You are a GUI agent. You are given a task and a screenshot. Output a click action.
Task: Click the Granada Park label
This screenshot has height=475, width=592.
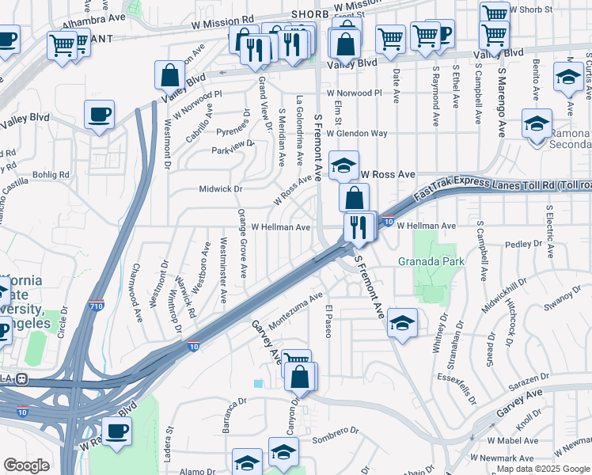431,260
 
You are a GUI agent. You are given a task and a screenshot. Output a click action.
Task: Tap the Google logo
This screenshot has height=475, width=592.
26,465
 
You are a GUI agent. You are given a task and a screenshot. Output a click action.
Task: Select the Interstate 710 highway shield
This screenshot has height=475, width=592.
97,306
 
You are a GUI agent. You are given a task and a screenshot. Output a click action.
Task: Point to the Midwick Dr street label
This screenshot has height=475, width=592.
220,189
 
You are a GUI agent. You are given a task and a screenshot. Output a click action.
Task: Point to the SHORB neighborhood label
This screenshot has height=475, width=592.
309,14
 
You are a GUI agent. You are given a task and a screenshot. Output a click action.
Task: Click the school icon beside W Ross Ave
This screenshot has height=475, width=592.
343,165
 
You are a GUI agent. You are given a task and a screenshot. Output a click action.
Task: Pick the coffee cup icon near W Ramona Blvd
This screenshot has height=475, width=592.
116,431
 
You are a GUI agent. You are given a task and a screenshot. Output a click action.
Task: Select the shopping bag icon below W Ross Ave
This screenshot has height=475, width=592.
355,197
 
